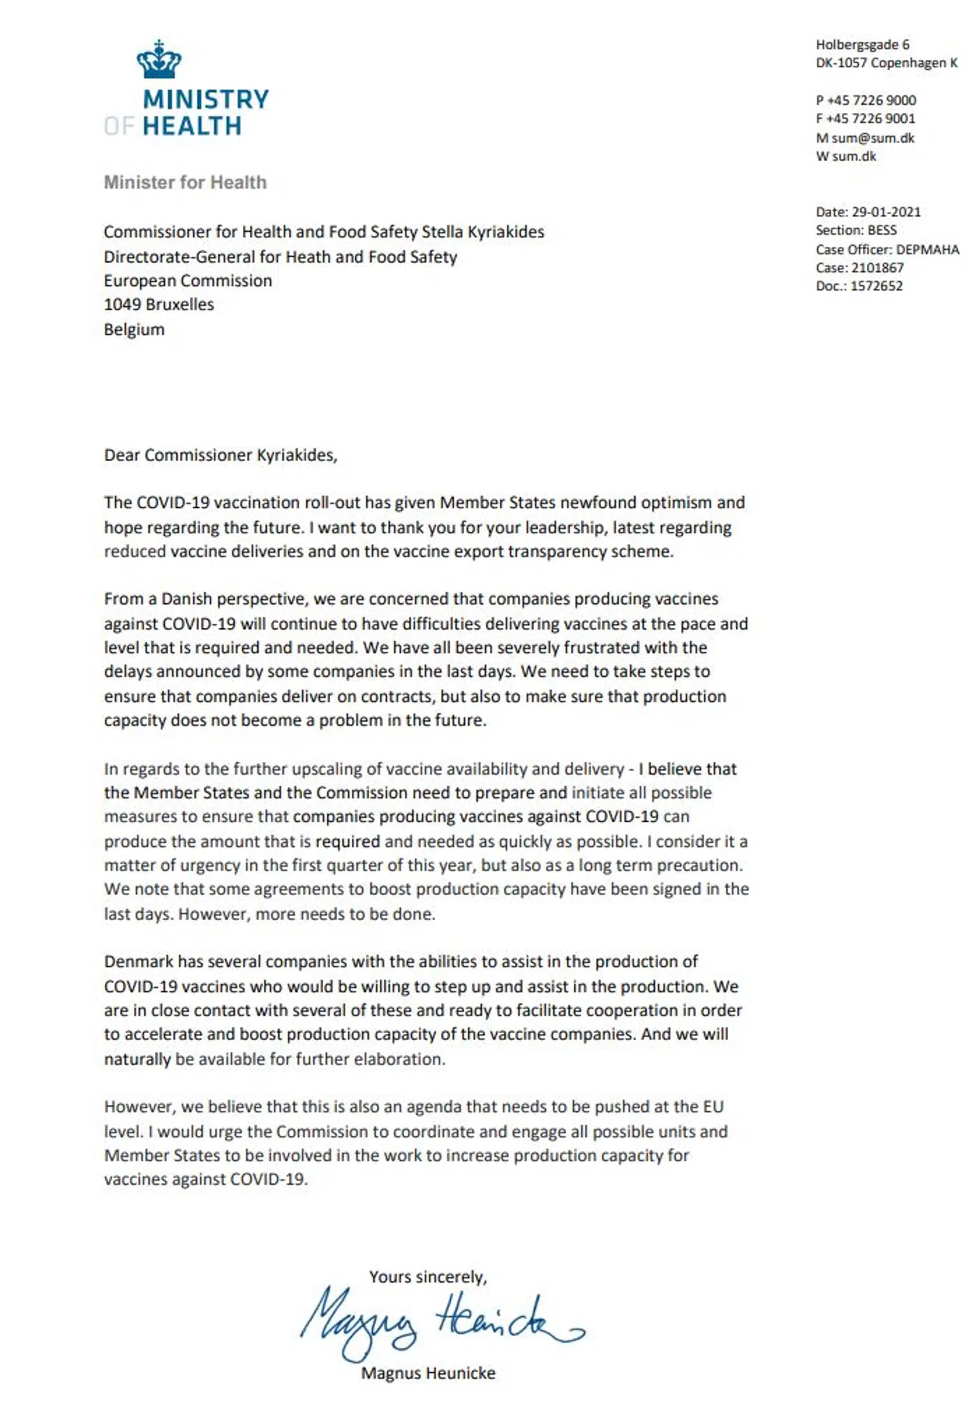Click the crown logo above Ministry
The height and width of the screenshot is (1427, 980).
pos(159,60)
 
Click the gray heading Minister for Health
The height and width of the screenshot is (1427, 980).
pos(185,182)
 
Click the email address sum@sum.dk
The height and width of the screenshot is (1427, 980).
pos(873,138)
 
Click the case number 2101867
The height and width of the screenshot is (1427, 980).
pos(877,267)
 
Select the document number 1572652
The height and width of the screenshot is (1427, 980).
pos(877,286)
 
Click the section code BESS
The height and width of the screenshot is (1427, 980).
pos(882,230)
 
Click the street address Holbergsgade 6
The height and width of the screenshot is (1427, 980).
pos(862,45)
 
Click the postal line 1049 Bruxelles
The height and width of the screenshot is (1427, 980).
pos(159,304)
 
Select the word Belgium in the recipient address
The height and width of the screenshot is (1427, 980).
pos(134,329)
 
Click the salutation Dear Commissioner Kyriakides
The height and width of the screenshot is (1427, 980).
pos(220,455)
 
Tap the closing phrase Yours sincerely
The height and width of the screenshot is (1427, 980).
pos(428,1277)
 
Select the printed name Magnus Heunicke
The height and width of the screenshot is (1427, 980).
pos(428,1373)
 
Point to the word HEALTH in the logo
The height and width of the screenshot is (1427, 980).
pos(192,127)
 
